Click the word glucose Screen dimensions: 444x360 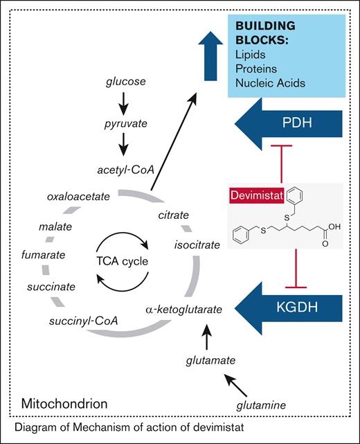(x=125, y=82)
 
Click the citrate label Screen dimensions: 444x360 (x=173, y=215)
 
